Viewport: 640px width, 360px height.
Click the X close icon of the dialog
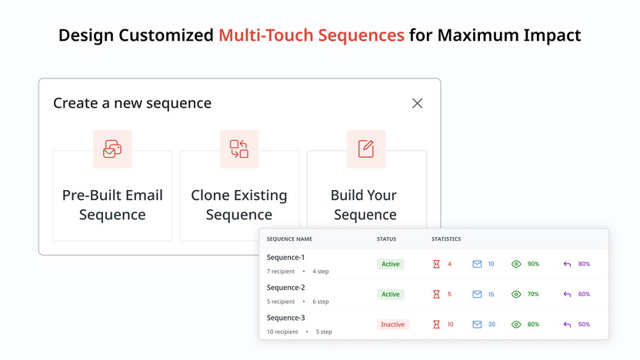click(x=417, y=103)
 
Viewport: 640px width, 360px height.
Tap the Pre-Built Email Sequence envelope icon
click(x=112, y=149)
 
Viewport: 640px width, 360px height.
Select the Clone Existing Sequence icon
click(x=239, y=149)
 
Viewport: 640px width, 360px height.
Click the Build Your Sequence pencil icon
click(x=366, y=149)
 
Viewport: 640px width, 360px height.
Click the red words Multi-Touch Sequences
click(x=311, y=35)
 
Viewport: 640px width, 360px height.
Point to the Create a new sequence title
click(x=132, y=103)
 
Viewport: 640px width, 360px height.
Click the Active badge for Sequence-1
click(x=391, y=264)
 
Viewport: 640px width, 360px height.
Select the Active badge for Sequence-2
click(x=391, y=294)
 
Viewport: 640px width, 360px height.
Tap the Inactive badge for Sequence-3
click(x=392, y=325)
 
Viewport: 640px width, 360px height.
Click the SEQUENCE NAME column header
click(x=289, y=239)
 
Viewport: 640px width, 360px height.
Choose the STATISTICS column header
click(x=446, y=239)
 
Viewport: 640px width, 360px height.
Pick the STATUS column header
click(x=386, y=239)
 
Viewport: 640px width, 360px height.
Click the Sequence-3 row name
click(x=285, y=318)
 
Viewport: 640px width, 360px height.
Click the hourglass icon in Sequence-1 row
click(x=436, y=264)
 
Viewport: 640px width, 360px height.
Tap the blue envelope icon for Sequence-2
click(x=477, y=294)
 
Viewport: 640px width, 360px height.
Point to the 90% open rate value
click(x=533, y=264)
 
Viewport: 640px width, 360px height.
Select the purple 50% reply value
click(x=584, y=325)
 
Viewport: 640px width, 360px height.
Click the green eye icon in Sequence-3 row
click(x=516, y=325)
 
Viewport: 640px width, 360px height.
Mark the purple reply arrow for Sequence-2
click(x=567, y=294)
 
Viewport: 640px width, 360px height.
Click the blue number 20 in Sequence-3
click(x=492, y=325)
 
